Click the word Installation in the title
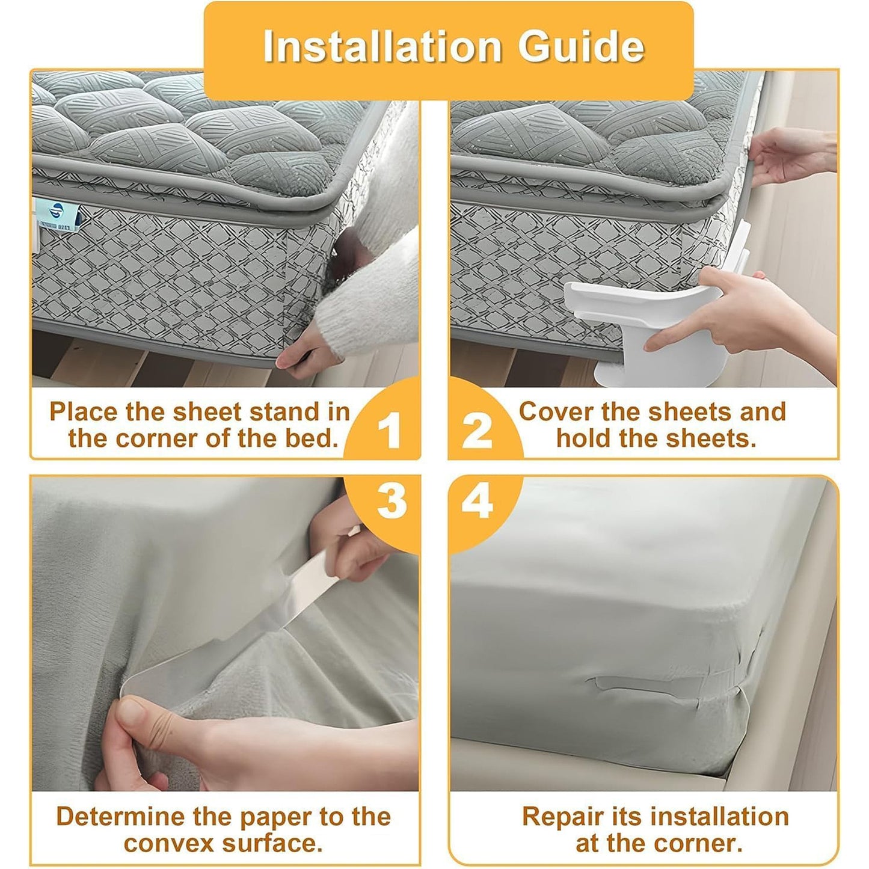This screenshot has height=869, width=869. [x=382, y=46]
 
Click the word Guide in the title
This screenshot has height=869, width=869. [x=581, y=46]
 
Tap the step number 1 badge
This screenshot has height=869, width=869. [x=389, y=430]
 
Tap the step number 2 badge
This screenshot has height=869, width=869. [x=477, y=430]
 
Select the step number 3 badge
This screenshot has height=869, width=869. [x=392, y=500]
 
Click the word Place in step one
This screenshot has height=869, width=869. [x=83, y=412]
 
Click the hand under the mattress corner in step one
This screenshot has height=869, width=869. [x=307, y=358]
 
